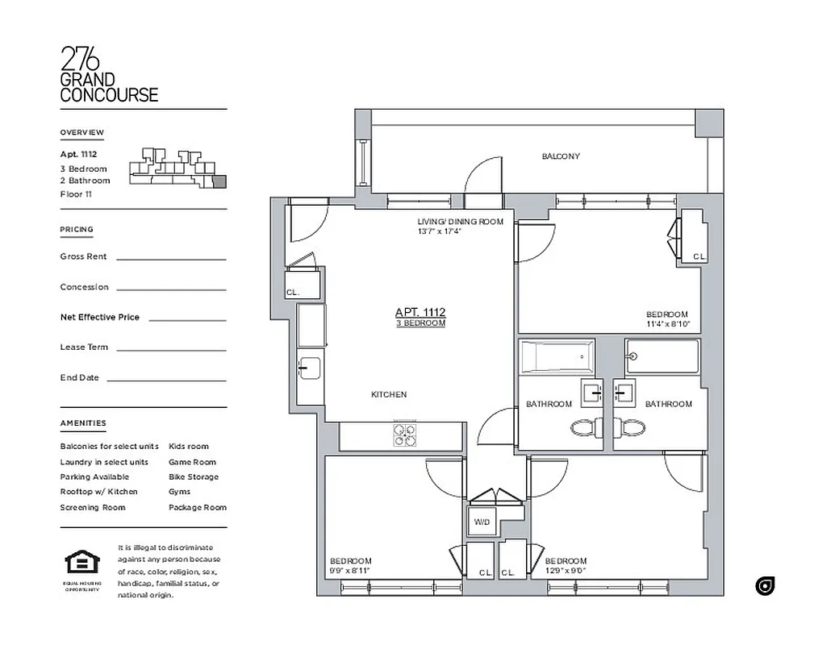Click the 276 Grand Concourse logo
click(x=108, y=74)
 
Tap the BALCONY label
click(x=560, y=156)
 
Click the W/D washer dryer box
click(x=482, y=522)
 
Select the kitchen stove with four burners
click(x=405, y=435)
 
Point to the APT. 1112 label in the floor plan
click(x=420, y=312)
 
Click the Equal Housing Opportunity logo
click(x=81, y=562)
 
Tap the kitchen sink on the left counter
click(x=310, y=368)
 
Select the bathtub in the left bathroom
click(x=557, y=356)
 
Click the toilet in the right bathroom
click(x=630, y=427)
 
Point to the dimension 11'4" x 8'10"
click(x=668, y=325)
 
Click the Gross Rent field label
click(x=83, y=256)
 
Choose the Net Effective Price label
click(x=99, y=317)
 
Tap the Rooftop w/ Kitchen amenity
click(x=98, y=491)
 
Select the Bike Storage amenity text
click(x=193, y=476)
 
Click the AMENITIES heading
click(x=82, y=423)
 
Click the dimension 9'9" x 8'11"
click(x=351, y=571)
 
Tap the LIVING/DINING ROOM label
click(x=460, y=222)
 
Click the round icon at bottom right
click(x=765, y=586)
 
